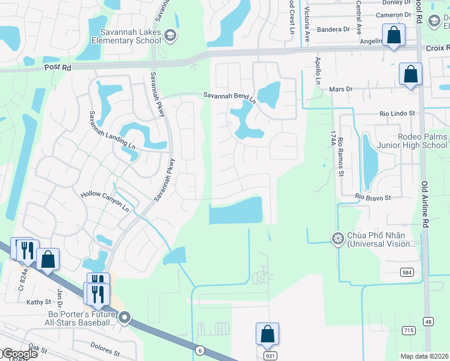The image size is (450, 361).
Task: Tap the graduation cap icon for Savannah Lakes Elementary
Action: click(170, 36)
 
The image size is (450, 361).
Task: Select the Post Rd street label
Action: click(58, 68)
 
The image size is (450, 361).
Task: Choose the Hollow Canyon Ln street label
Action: click(105, 200)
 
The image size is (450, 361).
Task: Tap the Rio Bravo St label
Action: click(373, 197)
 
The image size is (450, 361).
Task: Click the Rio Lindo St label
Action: click(398, 113)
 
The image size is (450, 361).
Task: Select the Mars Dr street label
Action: click(341, 89)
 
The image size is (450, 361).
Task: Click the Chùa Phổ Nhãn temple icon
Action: click(337, 239)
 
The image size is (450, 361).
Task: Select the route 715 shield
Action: click(408, 330)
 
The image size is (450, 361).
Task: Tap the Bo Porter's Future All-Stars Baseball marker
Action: click(125, 317)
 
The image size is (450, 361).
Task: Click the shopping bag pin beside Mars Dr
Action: click(410, 75)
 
